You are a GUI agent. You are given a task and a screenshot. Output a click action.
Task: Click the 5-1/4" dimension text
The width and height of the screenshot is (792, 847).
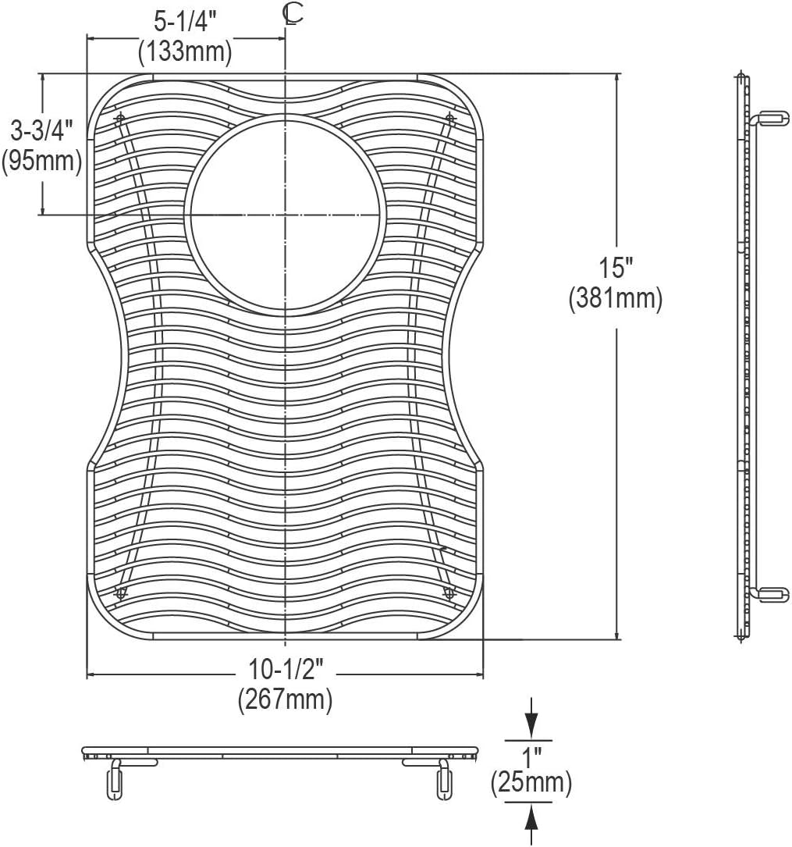(x=185, y=19)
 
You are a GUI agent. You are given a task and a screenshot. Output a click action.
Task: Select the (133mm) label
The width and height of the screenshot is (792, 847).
(x=185, y=52)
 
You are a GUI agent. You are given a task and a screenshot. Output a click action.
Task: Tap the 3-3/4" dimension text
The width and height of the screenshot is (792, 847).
(x=42, y=129)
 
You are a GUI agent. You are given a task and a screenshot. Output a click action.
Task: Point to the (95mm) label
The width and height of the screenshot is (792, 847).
(x=42, y=162)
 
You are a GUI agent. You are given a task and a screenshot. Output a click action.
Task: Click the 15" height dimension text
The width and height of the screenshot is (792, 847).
(x=616, y=268)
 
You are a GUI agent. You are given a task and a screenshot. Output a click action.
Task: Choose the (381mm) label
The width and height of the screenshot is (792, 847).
(x=616, y=300)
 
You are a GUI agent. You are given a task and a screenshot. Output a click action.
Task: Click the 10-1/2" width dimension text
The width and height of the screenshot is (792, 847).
(x=286, y=669)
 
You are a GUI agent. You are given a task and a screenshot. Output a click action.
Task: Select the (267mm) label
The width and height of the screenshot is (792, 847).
(x=286, y=700)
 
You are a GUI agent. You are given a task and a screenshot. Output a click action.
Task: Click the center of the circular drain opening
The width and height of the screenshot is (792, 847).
(x=286, y=214)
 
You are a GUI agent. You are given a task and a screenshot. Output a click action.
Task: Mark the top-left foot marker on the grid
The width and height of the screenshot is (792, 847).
(x=119, y=119)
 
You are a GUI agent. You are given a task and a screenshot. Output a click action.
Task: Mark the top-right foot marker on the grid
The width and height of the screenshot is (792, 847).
(x=450, y=119)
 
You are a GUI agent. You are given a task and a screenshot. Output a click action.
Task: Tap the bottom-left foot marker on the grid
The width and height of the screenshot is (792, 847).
(x=119, y=593)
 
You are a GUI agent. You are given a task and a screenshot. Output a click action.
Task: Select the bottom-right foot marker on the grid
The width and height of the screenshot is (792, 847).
(x=449, y=593)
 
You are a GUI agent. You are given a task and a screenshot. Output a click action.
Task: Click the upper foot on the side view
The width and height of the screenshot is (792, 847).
(x=769, y=118)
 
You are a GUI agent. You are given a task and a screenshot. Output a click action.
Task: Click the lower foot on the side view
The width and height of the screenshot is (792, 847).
(x=769, y=595)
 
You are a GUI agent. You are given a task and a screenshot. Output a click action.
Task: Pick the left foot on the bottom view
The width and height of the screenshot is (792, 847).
(x=113, y=778)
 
